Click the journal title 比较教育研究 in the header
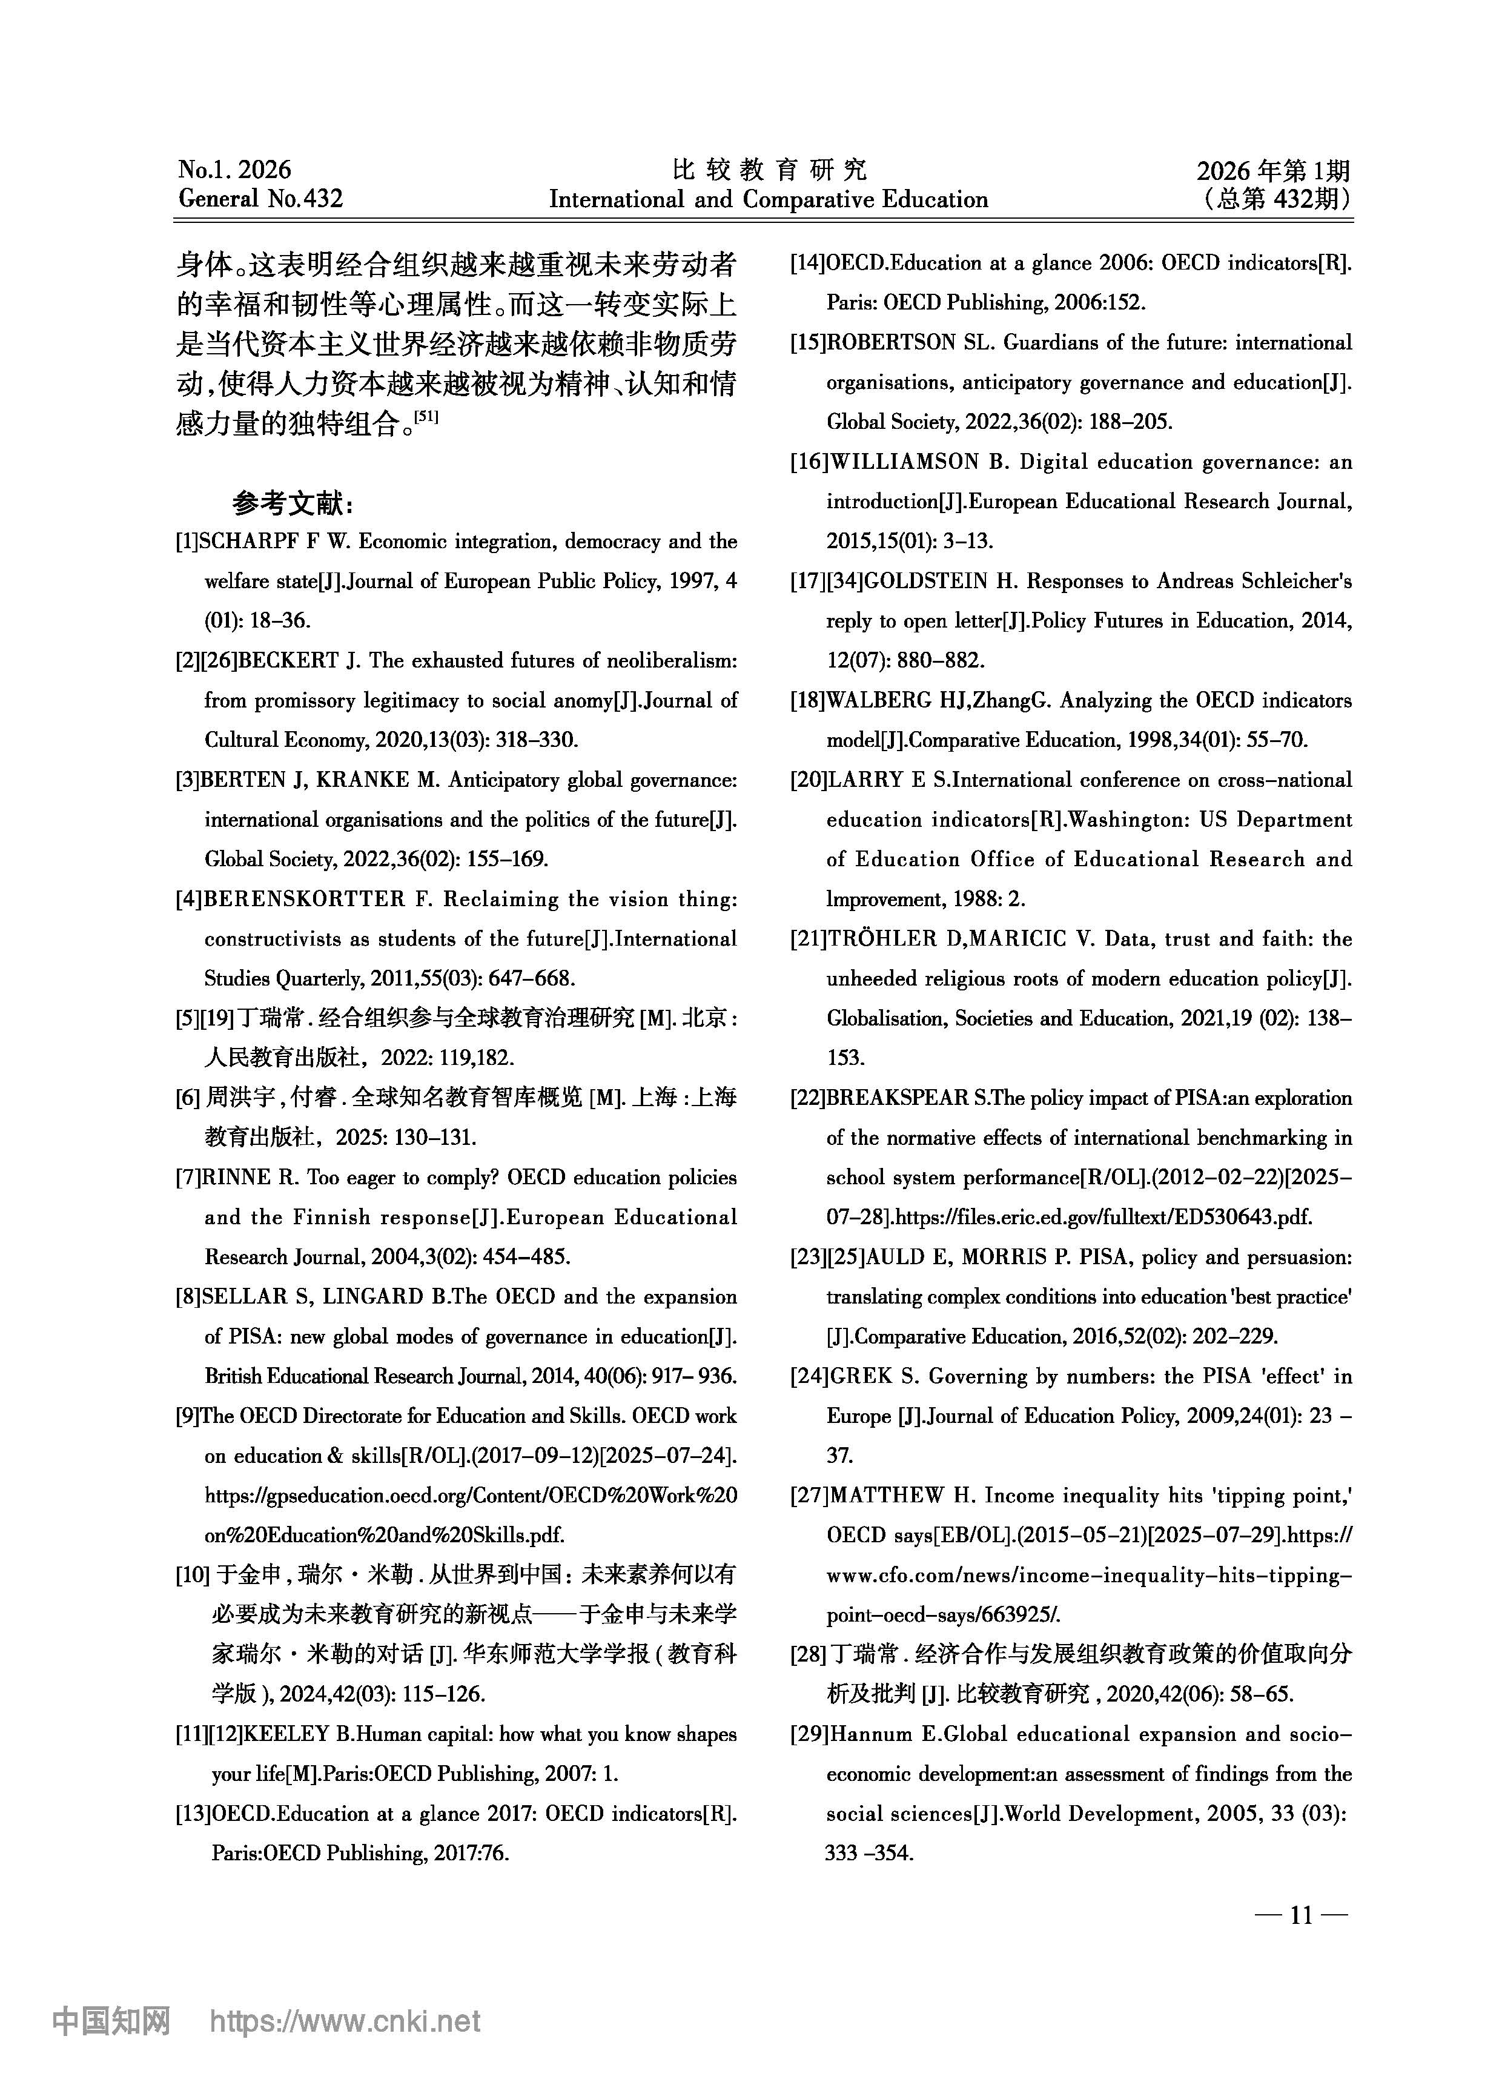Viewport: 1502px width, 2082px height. pos(769,169)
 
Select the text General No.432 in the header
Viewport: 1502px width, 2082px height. pos(261,199)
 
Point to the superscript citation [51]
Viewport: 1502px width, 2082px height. pos(427,417)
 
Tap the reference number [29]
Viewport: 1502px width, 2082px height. pos(808,1734)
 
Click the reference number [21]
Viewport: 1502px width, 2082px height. pos(808,939)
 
